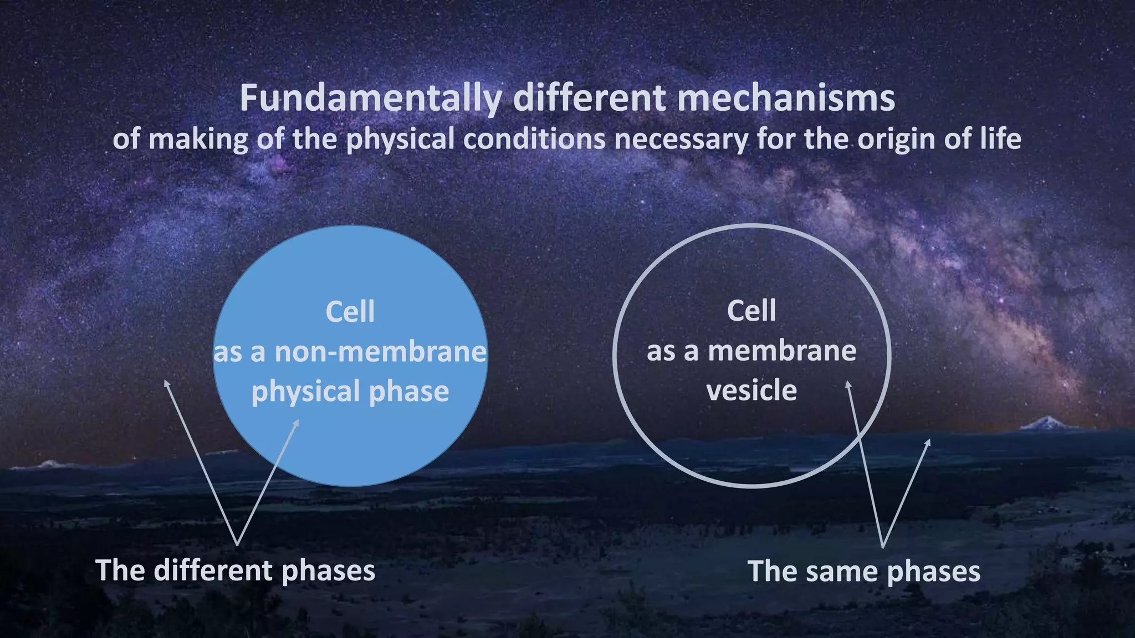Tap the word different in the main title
click(x=589, y=99)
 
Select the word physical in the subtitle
click(x=401, y=139)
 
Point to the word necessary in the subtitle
click(x=681, y=139)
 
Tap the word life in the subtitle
click(x=1000, y=139)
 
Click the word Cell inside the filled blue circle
click(x=350, y=312)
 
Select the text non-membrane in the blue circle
click(x=380, y=352)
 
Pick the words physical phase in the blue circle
click(x=350, y=392)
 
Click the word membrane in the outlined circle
click(x=782, y=351)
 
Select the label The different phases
click(x=235, y=570)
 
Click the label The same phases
click(x=863, y=571)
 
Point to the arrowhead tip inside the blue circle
click(x=298, y=420)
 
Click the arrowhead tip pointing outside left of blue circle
click(x=165, y=381)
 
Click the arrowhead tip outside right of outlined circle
click(x=929, y=440)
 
